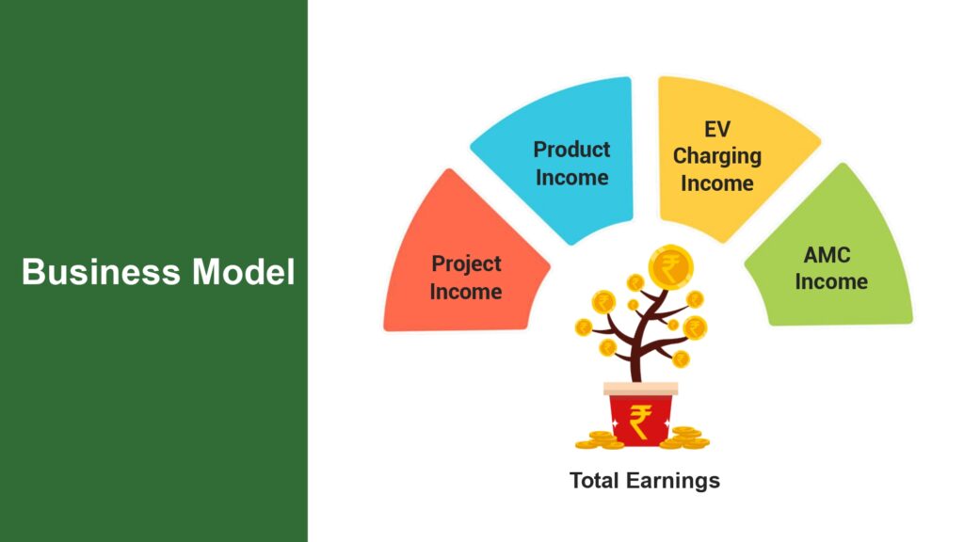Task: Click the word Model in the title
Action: [244, 272]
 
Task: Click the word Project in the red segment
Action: [467, 264]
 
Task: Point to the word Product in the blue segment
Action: [571, 150]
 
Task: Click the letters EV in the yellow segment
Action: [716, 129]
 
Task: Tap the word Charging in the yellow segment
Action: [716, 157]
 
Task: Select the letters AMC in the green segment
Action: [827, 254]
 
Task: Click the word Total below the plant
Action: [595, 480]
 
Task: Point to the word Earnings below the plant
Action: [672, 481]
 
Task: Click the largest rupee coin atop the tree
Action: [670, 266]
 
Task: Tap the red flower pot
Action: [640, 414]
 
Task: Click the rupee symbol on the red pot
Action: [640, 422]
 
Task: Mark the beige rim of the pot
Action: [640, 389]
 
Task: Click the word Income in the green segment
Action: [831, 281]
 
